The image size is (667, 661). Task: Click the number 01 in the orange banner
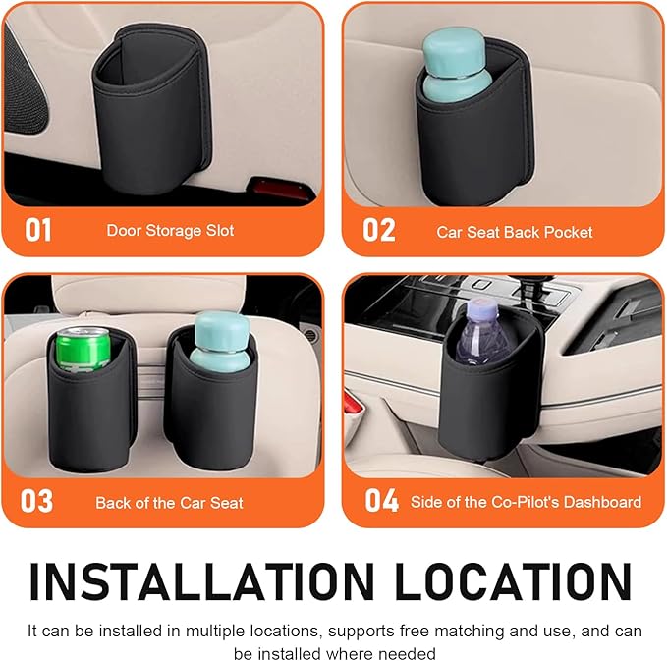coord(38,231)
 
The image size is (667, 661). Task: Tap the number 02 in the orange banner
coord(379,231)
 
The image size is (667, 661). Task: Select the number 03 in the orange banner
coord(37,501)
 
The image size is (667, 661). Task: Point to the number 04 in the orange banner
coord(381,501)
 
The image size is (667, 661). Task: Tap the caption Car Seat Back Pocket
coord(515,232)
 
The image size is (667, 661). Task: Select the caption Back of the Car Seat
coord(169,502)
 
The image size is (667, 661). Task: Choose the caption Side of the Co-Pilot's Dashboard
coord(526,502)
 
